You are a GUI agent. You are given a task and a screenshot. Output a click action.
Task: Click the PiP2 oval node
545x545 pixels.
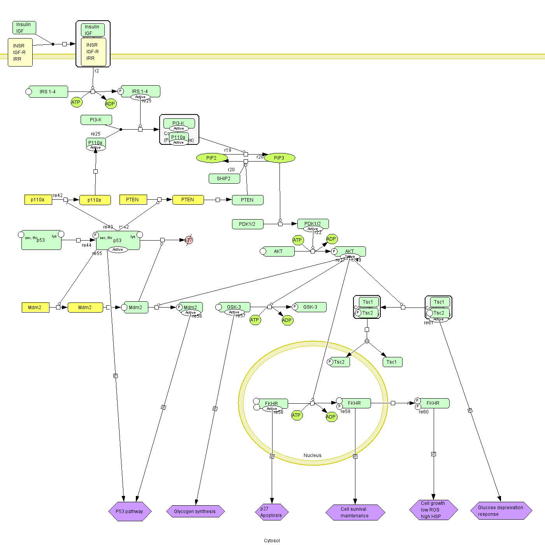212,158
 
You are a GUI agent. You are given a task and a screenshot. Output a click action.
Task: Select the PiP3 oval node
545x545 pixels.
280,158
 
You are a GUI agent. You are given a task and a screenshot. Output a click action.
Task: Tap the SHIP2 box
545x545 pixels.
224,179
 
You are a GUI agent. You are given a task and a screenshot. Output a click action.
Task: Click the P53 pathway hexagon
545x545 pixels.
130,511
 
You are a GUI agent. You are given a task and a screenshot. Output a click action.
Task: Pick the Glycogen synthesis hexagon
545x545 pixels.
195,511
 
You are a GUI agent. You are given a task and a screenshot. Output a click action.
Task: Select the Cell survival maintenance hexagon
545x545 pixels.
355,512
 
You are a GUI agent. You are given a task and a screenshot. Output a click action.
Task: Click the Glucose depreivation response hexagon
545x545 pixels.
501,511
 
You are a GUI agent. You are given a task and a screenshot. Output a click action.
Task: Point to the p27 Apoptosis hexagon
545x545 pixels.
272,512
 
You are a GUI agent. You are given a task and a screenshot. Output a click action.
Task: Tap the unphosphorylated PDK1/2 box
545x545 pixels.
248,224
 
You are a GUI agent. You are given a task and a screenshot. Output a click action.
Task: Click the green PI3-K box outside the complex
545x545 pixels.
96,120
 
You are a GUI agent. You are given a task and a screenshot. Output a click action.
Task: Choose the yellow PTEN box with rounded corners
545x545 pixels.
188,200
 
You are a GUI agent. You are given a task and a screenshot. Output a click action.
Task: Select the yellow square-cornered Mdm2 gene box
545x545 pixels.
35,308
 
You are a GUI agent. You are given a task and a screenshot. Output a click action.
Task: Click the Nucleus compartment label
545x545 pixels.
312,455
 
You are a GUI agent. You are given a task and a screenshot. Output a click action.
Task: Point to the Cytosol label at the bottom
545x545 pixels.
272,540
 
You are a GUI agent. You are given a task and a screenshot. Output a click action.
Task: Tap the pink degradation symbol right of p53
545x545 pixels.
189,240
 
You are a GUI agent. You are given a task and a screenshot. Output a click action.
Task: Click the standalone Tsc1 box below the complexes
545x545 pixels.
392,362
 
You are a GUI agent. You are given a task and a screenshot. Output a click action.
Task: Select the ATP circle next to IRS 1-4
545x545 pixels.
76,102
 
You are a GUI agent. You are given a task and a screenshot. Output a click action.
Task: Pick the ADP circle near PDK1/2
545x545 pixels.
331,239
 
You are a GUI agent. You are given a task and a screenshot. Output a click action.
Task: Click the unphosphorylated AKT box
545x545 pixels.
279,251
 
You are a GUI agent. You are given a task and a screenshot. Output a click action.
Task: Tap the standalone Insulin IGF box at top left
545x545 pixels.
24,28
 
